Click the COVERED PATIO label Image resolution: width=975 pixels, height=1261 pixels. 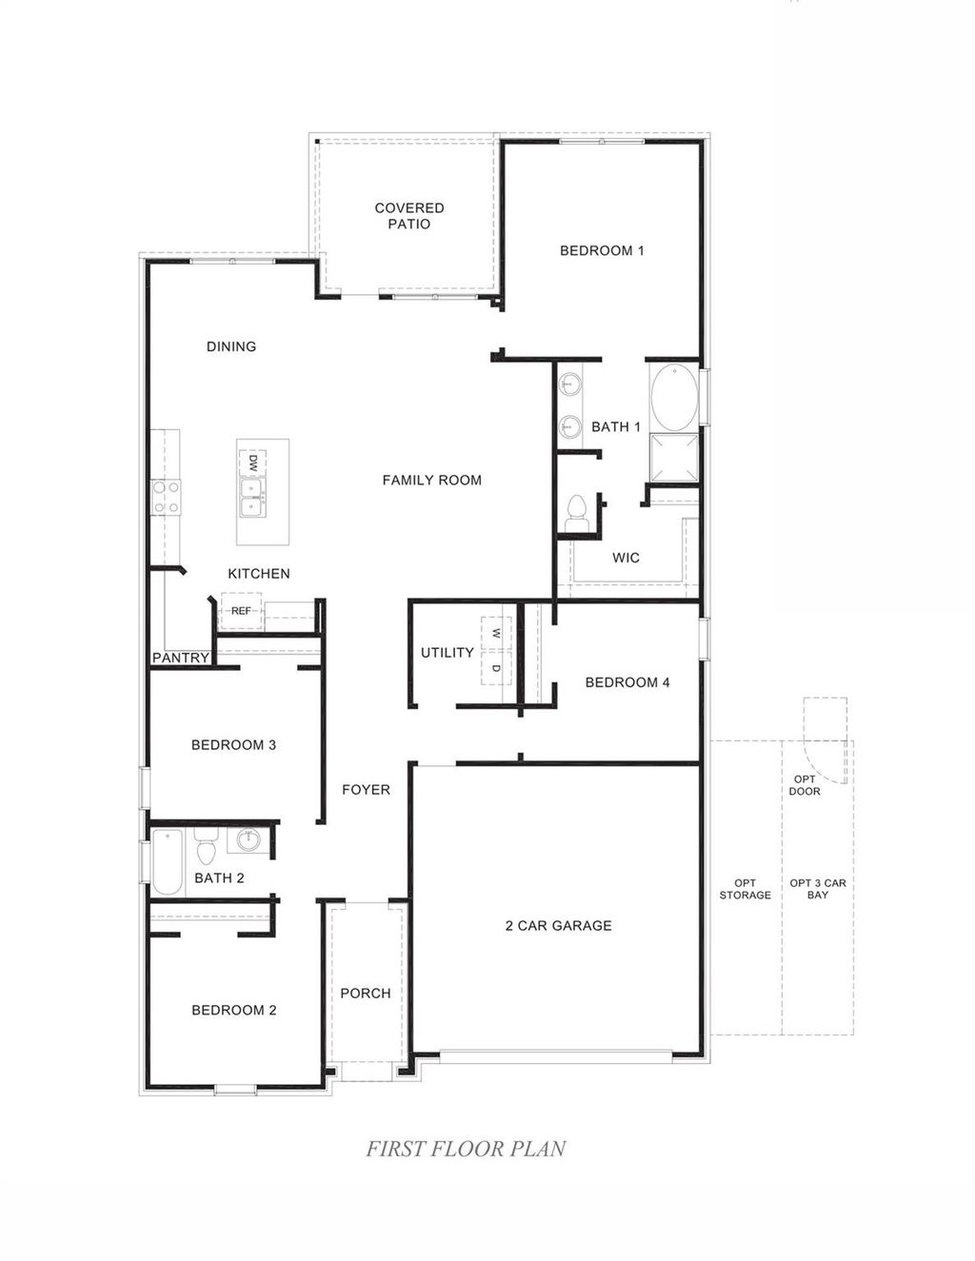tap(409, 216)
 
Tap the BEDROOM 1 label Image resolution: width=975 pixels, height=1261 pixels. tap(602, 251)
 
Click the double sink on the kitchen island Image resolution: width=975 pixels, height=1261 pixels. tap(252, 497)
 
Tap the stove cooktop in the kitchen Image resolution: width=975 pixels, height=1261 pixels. tap(167, 498)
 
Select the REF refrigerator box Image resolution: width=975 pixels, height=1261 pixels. tap(241, 611)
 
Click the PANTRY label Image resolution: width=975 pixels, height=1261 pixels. tap(181, 658)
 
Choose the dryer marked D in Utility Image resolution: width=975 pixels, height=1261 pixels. tap(495, 668)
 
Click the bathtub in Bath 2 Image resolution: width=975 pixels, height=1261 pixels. tap(168, 862)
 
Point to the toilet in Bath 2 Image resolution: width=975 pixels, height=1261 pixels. tap(207, 845)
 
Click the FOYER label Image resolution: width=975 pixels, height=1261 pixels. tap(366, 790)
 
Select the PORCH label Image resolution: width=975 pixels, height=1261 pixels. tap(366, 994)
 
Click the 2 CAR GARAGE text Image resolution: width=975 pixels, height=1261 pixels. tap(558, 926)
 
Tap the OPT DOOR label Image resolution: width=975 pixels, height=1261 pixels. tap(805, 785)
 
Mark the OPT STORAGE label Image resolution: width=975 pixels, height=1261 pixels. tap(745, 890)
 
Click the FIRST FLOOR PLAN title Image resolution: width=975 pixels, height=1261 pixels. tap(466, 1150)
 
